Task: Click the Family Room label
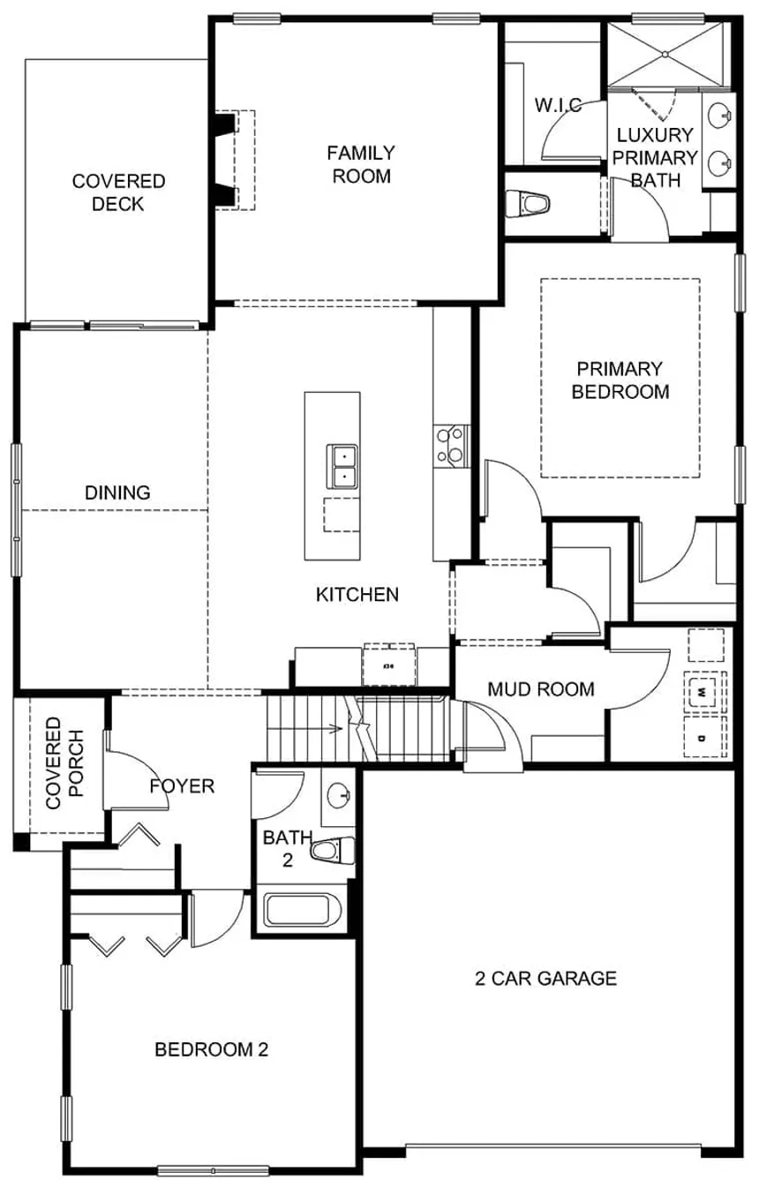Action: pos(361,164)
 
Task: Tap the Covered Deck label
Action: pos(118,192)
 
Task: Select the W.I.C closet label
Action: pos(558,106)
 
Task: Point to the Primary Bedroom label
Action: pos(620,380)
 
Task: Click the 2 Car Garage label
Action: pos(545,978)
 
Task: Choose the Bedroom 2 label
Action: pos(211,1049)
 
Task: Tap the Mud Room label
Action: pos(541,688)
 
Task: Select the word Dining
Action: pos(117,492)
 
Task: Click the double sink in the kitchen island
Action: pos(342,466)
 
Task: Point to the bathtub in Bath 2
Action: pos(303,910)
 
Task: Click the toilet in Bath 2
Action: pos(331,851)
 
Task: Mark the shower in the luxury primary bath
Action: pos(666,55)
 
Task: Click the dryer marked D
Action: pos(703,735)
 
